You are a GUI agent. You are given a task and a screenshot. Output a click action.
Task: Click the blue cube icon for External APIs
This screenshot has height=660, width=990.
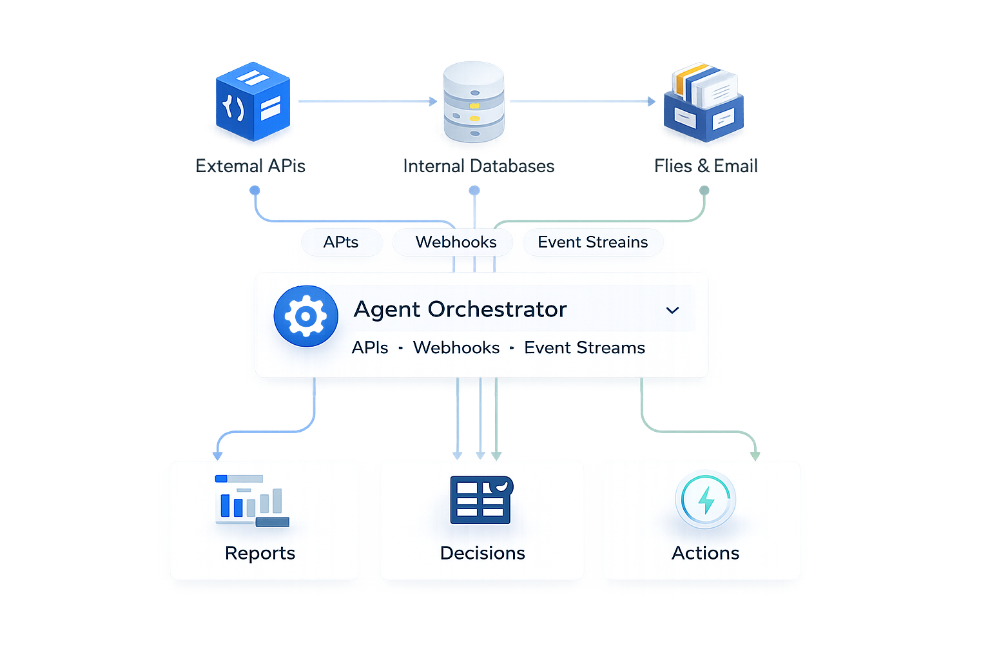tap(252, 102)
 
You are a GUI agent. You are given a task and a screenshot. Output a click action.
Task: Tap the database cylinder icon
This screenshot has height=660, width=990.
tap(474, 102)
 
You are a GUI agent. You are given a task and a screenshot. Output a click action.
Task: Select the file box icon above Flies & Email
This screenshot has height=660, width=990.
tap(704, 103)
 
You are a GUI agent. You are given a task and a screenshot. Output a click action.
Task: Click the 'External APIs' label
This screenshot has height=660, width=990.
tap(250, 166)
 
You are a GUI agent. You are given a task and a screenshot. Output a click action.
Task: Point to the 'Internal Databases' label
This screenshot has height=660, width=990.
tap(478, 166)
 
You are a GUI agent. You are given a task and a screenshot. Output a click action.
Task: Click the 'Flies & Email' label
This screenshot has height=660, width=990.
tap(706, 166)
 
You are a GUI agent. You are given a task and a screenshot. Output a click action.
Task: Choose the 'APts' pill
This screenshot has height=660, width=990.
tap(341, 242)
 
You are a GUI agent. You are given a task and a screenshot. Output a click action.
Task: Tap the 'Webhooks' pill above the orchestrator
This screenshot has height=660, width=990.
tap(456, 242)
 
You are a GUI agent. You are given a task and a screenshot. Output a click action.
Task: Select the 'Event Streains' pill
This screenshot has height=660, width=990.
tap(592, 242)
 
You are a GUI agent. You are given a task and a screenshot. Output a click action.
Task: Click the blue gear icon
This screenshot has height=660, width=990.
tap(306, 316)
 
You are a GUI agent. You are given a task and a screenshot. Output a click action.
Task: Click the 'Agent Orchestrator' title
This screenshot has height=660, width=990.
tap(460, 309)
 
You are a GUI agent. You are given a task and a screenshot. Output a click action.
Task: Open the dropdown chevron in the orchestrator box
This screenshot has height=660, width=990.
tap(672, 311)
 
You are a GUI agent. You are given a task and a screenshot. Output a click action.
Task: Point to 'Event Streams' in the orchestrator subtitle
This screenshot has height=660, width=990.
tap(584, 348)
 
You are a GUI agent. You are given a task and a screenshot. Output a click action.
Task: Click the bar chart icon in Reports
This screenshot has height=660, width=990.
tap(252, 501)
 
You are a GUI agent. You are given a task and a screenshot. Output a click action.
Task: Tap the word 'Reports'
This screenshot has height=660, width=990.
tap(260, 553)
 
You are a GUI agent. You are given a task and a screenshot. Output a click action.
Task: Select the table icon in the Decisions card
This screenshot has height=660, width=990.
tap(481, 500)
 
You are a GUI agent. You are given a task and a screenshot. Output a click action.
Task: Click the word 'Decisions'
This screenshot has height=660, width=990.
tap(482, 553)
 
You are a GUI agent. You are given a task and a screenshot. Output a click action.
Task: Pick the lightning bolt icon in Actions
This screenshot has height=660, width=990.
tap(705, 500)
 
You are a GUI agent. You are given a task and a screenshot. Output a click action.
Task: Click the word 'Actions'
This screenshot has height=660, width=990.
tap(705, 553)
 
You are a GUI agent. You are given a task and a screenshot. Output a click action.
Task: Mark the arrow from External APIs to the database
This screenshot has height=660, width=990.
tap(367, 101)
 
